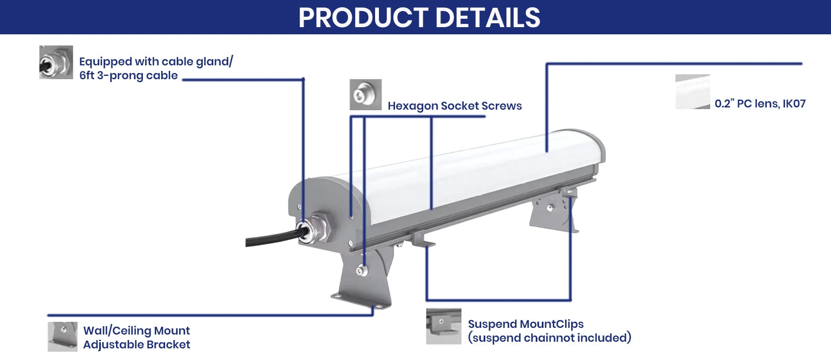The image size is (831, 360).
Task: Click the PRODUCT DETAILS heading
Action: pyautogui.click(x=419, y=17)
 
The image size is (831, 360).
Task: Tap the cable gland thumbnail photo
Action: pyautogui.click(x=56, y=62)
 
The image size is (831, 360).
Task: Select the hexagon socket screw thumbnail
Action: pyautogui.click(x=366, y=95)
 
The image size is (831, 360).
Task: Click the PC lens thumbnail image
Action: pyautogui.click(x=693, y=92)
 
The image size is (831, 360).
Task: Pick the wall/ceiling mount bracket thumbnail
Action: pyautogui.click(x=63, y=336)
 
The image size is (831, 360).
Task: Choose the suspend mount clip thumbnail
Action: pyautogui.click(x=444, y=326)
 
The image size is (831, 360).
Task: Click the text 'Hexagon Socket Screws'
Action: pyautogui.click(x=454, y=106)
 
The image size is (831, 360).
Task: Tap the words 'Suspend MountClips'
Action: pyautogui.click(x=526, y=324)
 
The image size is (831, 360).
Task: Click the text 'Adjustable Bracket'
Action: pyautogui.click(x=136, y=344)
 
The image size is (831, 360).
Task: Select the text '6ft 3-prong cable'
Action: pyautogui.click(x=129, y=76)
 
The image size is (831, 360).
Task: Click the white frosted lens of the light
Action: pyautogui.click(x=471, y=172)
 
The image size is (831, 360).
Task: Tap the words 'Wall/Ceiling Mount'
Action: pyautogui.click(x=136, y=331)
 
